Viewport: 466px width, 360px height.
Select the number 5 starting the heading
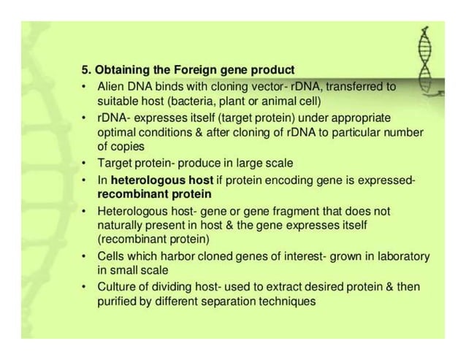pos(84,71)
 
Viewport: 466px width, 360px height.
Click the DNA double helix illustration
pos(429,58)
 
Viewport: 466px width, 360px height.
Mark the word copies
pos(126,147)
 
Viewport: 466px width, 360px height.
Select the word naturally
pos(121,225)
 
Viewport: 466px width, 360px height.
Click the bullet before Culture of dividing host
pos(85,287)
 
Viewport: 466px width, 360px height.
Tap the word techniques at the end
pos(289,302)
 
